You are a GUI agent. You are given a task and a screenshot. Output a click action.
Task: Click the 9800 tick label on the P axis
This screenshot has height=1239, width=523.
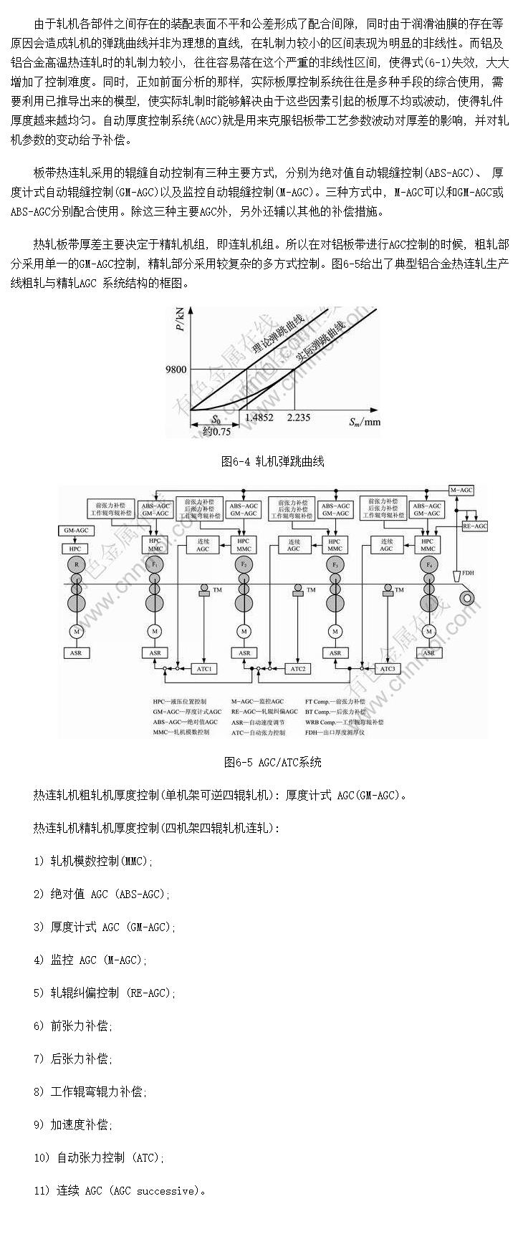[x=176, y=370]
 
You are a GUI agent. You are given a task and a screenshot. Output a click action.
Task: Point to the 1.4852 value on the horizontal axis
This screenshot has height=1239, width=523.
[x=259, y=418]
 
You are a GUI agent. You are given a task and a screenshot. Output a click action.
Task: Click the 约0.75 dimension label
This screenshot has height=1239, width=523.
[x=216, y=431]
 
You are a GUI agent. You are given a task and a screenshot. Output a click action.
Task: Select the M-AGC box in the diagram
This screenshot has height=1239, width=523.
[x=461, y=490]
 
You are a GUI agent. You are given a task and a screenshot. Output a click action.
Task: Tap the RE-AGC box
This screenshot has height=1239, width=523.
[x=474, y=526]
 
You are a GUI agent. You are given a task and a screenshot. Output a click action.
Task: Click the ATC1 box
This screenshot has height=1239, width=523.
[x=205, y=668]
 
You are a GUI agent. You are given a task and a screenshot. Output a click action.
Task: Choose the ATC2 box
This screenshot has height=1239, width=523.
[x=297, y=668]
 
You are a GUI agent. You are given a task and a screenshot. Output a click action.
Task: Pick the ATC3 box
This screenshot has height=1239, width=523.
[x=388, y=668]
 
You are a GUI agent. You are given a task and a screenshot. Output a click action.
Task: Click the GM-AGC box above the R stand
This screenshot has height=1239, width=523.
[x=76, y=530]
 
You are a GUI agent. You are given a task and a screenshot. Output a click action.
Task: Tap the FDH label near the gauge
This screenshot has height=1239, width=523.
[x=468, y=573]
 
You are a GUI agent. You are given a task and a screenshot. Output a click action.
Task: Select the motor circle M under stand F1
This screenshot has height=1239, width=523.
[x=155, y=631]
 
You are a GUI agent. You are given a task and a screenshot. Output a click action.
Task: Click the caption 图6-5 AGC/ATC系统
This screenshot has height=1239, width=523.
[x=272, y=762]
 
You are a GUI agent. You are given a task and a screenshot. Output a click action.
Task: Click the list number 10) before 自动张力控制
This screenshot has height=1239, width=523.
[x=42, y=1157]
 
